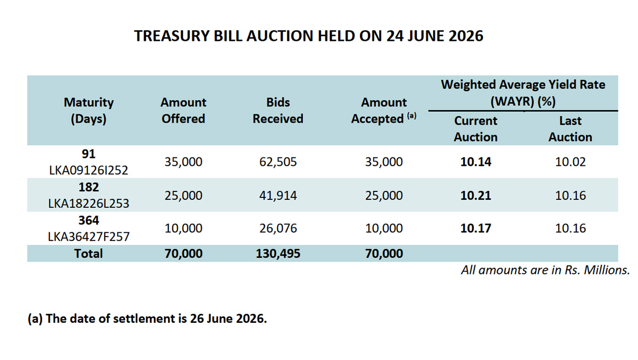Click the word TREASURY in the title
point(172,36)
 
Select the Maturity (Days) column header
point(89,111)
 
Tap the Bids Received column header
point(278,111)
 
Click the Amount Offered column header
point(183,111)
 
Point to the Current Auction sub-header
point(476,129)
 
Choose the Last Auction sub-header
point(570,129)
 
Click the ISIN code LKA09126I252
point(89,170)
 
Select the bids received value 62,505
point(278,162)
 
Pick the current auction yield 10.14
point(476,162)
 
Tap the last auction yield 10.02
point(570,162)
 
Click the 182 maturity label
point(89,187)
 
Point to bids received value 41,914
point(278,195)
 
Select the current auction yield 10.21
point(476,195)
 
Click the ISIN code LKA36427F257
point(89,237)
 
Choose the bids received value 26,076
point(278,228)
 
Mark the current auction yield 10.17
point(476,228)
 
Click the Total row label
point(89,254)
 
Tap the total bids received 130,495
point(278,254)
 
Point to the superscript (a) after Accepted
point(412,115)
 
